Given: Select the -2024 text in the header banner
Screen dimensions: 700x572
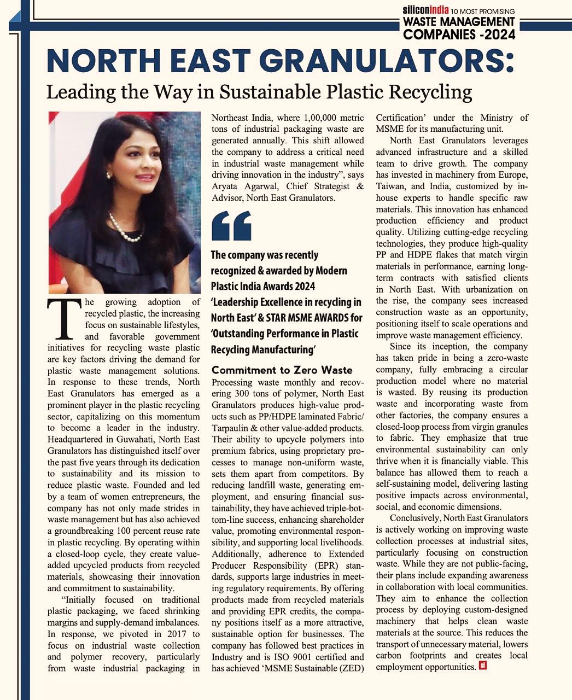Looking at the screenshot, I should click(494, 35).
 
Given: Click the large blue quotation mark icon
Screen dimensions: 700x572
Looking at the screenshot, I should click(231, 225).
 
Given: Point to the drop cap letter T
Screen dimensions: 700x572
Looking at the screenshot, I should click(65, 319).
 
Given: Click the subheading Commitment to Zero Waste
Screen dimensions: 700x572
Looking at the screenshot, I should click(282, 370).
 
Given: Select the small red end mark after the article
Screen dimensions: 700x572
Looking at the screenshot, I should click(482, 666).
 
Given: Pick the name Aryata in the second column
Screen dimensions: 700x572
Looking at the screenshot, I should click(226, 186).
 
